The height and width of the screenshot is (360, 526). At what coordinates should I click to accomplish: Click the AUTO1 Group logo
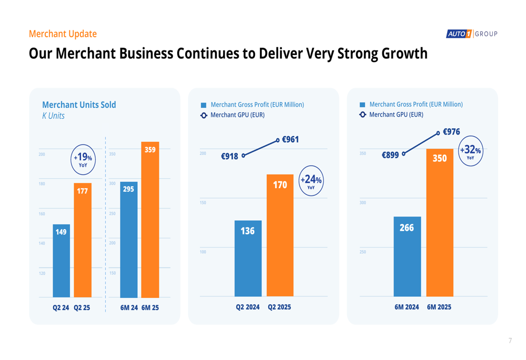tap(471, 34)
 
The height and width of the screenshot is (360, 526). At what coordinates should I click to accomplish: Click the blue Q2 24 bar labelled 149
tap(61, 261)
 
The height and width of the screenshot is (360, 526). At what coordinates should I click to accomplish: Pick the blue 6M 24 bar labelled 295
tap(129, 240)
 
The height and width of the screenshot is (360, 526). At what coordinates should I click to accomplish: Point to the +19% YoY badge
tap(83, 159)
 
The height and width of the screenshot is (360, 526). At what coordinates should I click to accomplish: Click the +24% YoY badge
tap(311, 181)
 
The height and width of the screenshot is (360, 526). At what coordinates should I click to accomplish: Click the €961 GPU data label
tap(290, 140)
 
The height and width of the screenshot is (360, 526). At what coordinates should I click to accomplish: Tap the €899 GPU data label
tap(390, 155)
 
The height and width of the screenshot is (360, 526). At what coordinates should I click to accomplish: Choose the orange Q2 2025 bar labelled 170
tap(280, 235)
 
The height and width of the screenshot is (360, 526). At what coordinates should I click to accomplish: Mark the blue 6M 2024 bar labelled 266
tap(407, 256)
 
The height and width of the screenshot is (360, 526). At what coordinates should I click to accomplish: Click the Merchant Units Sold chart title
tap(79, 105)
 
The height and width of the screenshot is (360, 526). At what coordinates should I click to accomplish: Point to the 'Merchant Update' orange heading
tap(63, 34)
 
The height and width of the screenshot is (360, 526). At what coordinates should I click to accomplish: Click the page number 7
tap(510, 341)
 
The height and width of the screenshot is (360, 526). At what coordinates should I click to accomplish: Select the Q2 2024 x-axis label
tap(248, 307)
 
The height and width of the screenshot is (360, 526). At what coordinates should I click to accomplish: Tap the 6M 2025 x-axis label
tap(439, 307)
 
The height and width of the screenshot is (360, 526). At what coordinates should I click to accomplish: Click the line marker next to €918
tap(244, 156)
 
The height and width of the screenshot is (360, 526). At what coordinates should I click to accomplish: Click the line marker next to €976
tap(438, 133)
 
